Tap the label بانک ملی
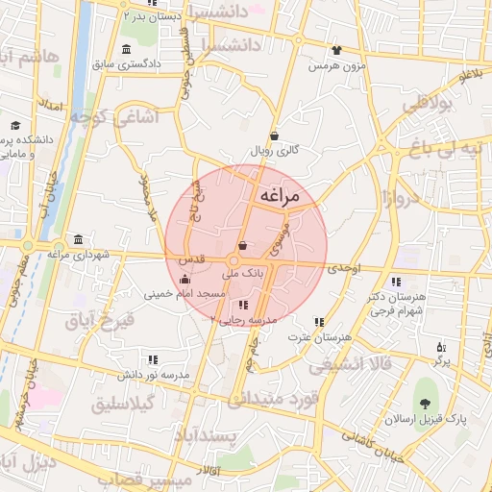(x=242, y=274)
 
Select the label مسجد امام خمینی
(x=184, y=294)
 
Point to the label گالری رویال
(x=276, y=151)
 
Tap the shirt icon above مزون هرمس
(x=336, y=51)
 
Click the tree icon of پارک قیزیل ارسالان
(x=424, y=401)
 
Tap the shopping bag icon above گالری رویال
(x=276, y=136)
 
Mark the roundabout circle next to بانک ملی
(x=233, y=260)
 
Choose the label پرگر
(x=441, y=360)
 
